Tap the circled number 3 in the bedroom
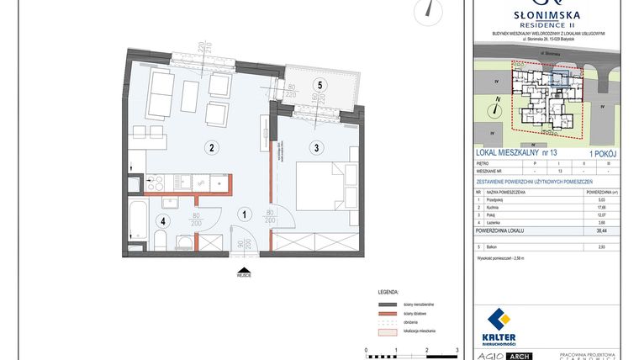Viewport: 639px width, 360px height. [317, 149]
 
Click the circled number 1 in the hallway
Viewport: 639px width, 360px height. [244, 214]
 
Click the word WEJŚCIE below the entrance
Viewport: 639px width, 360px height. [244, 274]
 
